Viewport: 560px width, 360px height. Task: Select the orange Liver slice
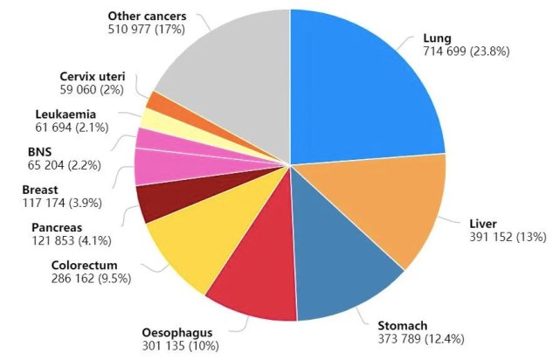(384, 210)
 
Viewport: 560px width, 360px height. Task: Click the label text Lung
(436, 39)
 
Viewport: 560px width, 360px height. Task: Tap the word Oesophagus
(176, 332)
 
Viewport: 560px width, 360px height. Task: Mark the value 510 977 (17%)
(152, 29)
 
